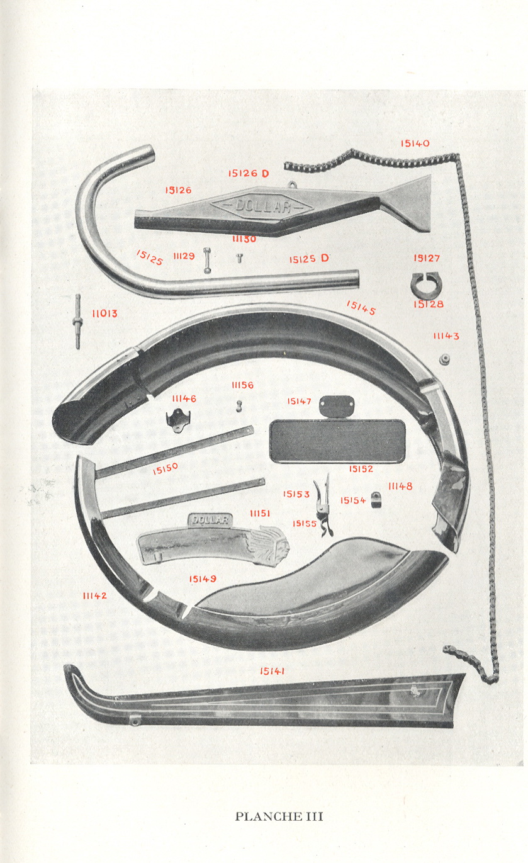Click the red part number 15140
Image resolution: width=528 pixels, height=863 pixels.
click(415, 144)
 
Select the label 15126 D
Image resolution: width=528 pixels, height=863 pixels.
click(249, 173)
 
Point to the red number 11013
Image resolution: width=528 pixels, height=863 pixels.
click(104, 313)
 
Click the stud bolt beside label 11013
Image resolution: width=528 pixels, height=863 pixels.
click(77, 321)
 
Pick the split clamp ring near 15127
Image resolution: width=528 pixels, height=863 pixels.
click(426, 285)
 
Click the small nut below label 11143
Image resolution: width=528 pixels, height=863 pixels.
click(444, 359)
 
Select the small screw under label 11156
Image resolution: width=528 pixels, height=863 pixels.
click(239, 407)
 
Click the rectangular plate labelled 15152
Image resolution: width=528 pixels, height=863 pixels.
click(337, 440)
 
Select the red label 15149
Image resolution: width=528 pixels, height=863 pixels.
click(203, 578)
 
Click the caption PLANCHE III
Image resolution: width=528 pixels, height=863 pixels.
click(279, 816)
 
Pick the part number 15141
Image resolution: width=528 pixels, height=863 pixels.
click(272, 671)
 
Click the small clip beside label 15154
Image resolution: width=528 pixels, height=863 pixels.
click(376, 501)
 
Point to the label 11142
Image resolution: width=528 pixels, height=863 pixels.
click(95, 595)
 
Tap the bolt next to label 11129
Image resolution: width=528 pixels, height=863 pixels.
click(207, 261)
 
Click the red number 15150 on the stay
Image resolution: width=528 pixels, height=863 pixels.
click(166, 468)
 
